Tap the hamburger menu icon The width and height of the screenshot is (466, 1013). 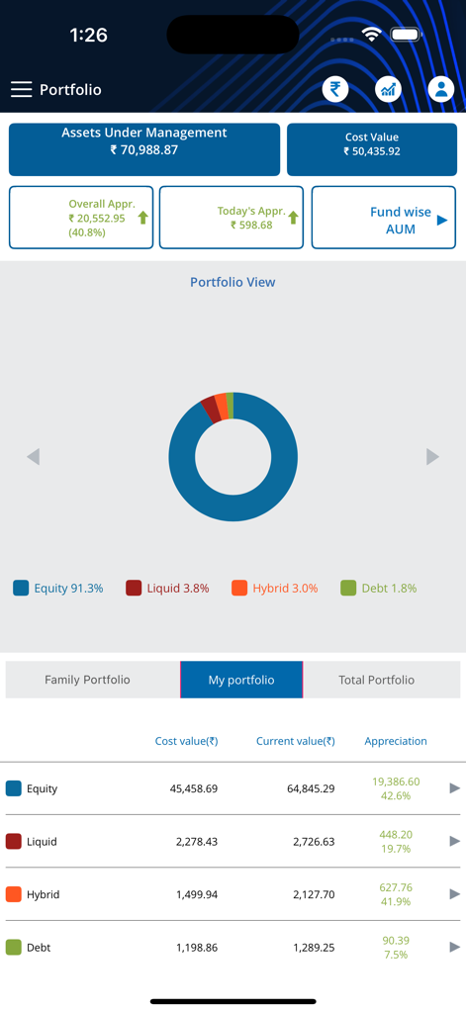pos(22,89)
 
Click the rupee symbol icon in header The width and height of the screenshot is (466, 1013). pos(335,89)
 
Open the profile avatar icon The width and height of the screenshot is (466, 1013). pos(440,89)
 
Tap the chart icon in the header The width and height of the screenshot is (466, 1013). pos(388,89)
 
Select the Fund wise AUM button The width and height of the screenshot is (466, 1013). pos(383,218)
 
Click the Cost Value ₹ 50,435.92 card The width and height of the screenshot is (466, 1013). pos(371,149)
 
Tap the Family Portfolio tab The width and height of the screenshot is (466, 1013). pos(87,680)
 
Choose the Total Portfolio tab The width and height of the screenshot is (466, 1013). pos(376,680)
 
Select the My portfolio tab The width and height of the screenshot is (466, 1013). pos(241,680)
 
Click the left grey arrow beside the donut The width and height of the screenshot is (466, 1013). pos(34,456)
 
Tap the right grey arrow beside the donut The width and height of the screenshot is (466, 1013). pos(432,456)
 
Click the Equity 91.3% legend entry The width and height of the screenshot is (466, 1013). pos(58,588)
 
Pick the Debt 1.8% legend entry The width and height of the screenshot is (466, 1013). pos(378,588)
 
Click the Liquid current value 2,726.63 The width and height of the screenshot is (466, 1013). pos(313,842)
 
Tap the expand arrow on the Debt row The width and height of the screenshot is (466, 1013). pos(454,947)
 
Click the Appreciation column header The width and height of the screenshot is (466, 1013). pos(396,741)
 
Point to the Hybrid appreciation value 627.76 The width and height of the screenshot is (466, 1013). pos(396,887)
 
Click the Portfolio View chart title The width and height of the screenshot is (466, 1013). pos(233,282)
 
